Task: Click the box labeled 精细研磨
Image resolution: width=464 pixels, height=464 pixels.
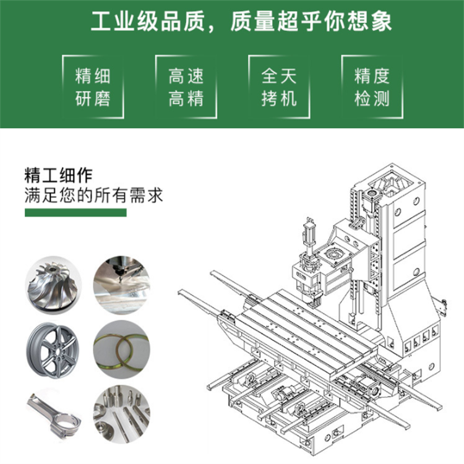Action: (x=93, y=87)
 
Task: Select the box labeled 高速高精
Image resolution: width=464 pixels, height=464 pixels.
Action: (x=186, y=87)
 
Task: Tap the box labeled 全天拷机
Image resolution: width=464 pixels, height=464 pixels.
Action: (x=279, y=87)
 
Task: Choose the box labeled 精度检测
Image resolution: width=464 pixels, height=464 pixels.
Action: (x=372, y=87)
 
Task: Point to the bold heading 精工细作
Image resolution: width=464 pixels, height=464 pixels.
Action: (x=58, y=176)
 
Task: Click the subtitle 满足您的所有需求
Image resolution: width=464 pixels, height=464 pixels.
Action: (x=93, y=195)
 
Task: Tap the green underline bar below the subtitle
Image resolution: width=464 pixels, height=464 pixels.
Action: (x=75, y=212)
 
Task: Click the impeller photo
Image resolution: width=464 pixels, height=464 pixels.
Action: (x=53, y=285)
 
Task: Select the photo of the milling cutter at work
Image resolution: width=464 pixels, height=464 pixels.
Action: (x=122, y=285)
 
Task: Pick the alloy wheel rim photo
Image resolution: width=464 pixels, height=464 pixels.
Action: (x=53, y=350)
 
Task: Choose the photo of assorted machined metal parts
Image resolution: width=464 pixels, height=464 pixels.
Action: (x=122, y=415)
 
